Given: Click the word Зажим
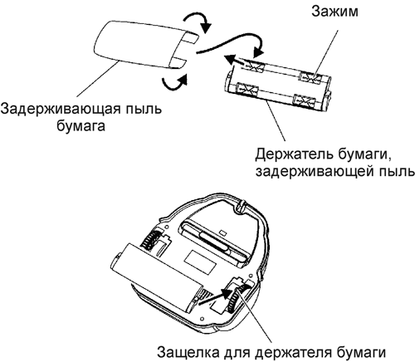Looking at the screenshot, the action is tap(334, 12).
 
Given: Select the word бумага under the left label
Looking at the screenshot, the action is tap(81, 126).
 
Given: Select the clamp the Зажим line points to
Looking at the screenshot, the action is tap(310, 77).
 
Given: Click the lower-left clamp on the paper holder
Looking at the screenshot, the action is tap(247, 90).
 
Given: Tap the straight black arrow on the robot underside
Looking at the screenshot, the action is tap(217, 297).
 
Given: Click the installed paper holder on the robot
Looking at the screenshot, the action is tap(156, 276).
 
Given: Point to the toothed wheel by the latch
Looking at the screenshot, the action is tap(235, 300).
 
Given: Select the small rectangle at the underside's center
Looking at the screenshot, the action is tap(200, 262).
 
